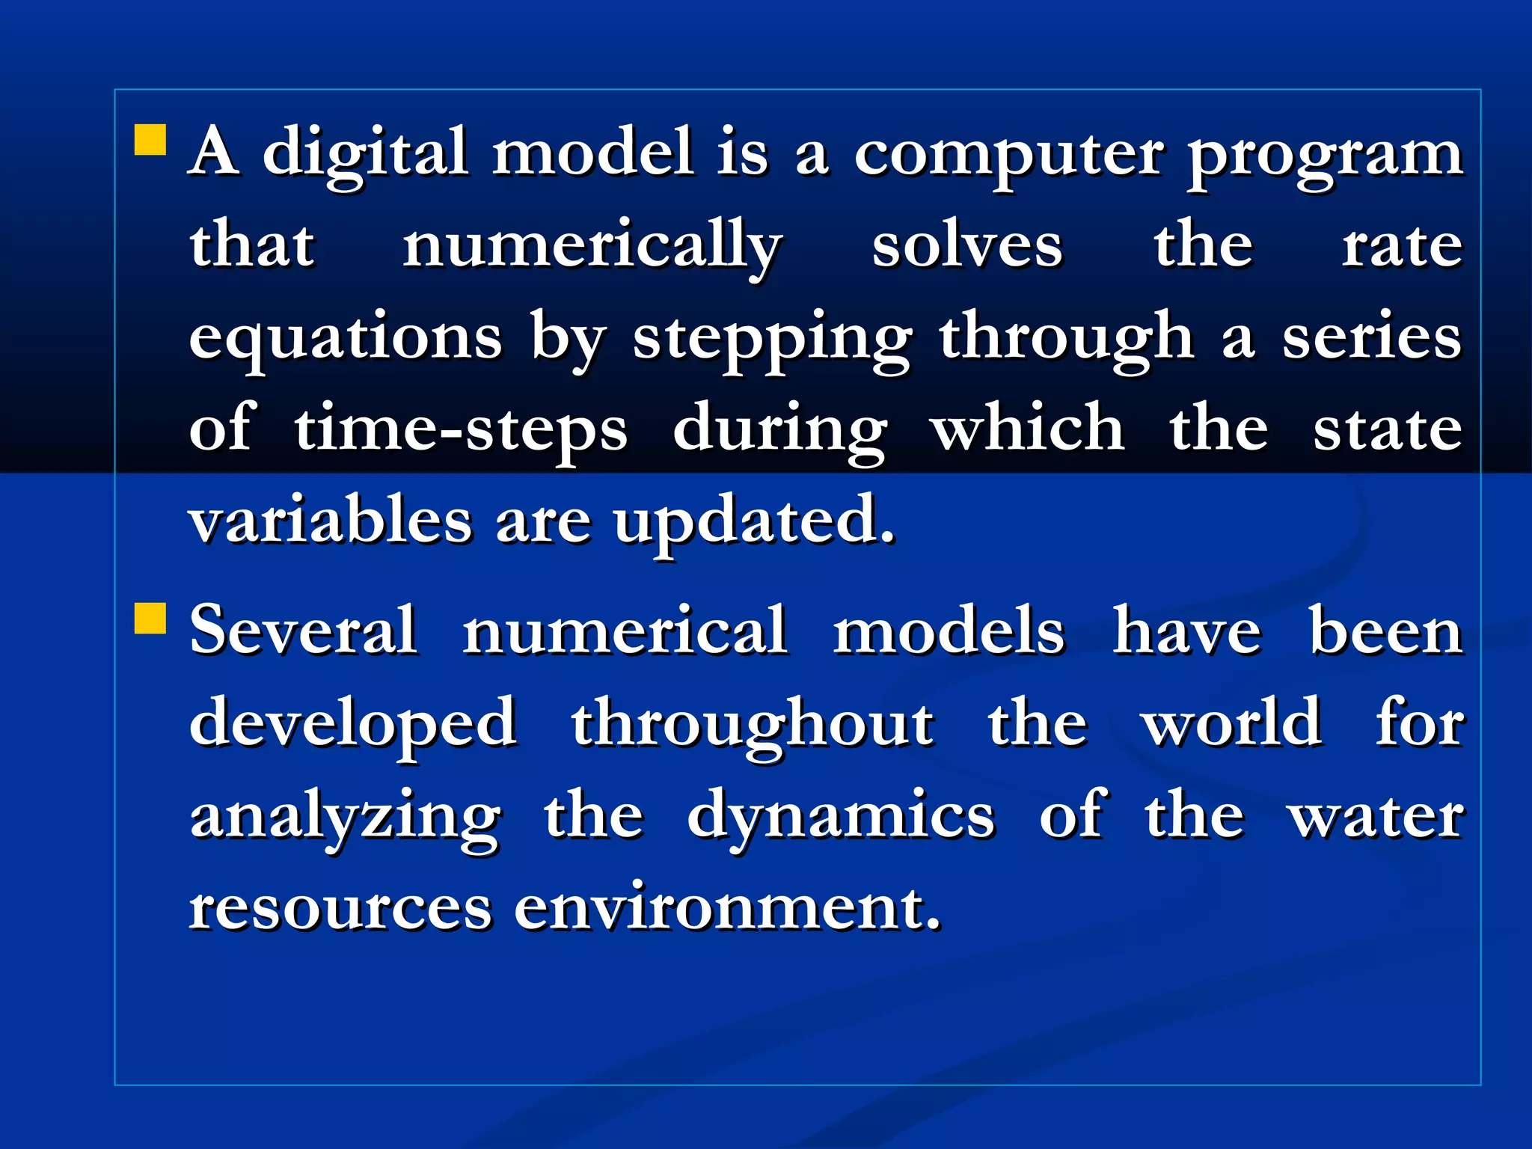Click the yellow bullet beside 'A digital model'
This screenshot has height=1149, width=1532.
(x=150, y=140)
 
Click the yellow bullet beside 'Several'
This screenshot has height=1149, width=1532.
(x=150, y=619)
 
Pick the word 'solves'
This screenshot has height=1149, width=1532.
(x=967, y=245)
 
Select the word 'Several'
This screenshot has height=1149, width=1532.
(x=303, y=631)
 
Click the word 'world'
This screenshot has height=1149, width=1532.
(x=1232, y=722)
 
